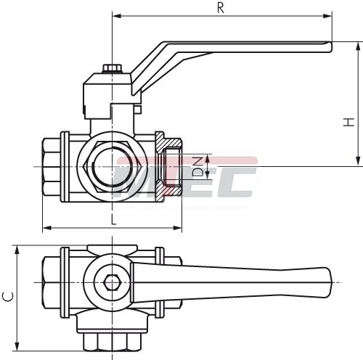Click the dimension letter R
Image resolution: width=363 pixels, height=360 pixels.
[x=221, y=8]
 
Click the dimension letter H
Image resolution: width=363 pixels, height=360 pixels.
[x=348, y=122]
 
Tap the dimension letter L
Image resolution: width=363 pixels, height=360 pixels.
[x=113, y=219]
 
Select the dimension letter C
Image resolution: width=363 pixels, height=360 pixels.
[x=8, y=297]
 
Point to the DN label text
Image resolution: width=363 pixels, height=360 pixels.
[x=197, y=167]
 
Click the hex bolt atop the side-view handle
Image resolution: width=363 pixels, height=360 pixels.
[x=112, y=68]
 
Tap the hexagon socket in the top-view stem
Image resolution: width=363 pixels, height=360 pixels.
[x=112, y=282]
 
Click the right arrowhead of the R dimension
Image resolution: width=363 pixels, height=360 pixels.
[x=327, y=16]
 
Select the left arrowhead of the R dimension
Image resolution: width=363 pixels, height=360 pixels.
[x=117, y=16]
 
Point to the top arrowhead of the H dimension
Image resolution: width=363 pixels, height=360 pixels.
[x=358, y=46]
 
